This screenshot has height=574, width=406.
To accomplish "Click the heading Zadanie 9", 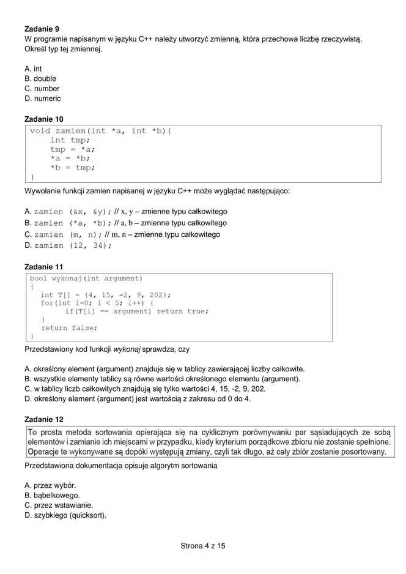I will [x=42, y=29].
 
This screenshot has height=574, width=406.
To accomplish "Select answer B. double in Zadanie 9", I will [x=40, y=79].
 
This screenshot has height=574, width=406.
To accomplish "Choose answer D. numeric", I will [x=43, y=99].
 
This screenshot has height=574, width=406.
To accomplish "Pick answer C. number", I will [x=42, y=89].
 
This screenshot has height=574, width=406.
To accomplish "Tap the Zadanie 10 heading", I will [x=43, y=119].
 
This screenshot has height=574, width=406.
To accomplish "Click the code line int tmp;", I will [x=70, y=140].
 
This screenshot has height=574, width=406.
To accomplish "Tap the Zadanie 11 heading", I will [x=43, y=267].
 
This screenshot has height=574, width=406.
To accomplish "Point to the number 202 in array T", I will [x=158, y=295].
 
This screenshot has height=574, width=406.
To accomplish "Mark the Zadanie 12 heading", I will [x=43, y=419].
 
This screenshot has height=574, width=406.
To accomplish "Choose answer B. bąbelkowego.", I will [x=52, y=495].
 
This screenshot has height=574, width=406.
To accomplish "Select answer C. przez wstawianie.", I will [x=59, y=505].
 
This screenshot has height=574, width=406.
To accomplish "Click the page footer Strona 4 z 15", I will [x=203, y=545].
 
